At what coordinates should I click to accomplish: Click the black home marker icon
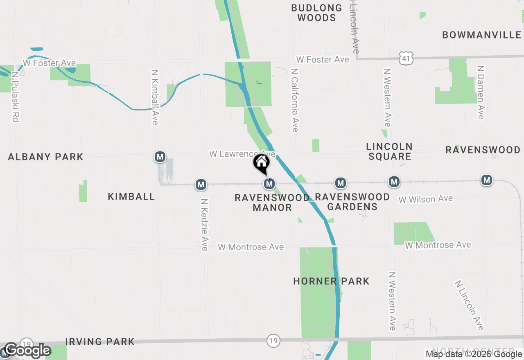point(261,163)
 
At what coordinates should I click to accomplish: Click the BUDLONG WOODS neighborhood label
point(316,13)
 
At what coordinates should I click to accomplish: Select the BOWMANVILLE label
point(482,35)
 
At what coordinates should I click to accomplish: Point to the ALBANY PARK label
point(45,157)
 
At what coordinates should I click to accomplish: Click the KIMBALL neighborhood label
point(131,197)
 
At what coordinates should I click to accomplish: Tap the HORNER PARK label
point(331,281)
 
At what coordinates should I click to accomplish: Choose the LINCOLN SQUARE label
point(389,151)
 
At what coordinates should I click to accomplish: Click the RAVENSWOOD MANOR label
point(272,202)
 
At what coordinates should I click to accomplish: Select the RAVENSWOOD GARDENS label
point(352,202)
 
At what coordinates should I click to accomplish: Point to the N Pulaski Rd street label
point(16,97)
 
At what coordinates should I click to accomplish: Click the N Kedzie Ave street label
point(204,225)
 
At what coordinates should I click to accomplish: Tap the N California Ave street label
point(294,100)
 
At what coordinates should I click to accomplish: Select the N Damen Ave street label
point(481,92)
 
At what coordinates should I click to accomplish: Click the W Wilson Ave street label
point(426,199)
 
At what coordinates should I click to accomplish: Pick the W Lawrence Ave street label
point(242,154)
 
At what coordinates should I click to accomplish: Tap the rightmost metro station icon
point(487,180)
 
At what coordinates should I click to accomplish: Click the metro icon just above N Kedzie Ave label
point(201,184)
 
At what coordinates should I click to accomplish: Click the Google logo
point(28,351)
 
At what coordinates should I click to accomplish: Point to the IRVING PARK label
point(100,342)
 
